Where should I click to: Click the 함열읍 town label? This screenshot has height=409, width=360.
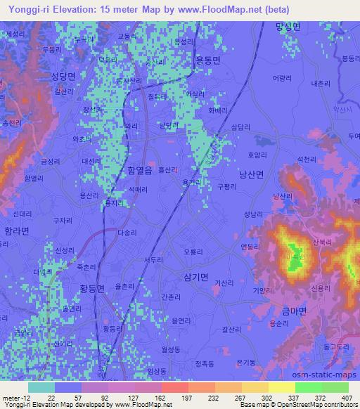coord(140,169)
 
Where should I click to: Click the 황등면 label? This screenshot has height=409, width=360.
coord(91,288)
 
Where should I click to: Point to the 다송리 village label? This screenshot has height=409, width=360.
coord(128,231)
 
